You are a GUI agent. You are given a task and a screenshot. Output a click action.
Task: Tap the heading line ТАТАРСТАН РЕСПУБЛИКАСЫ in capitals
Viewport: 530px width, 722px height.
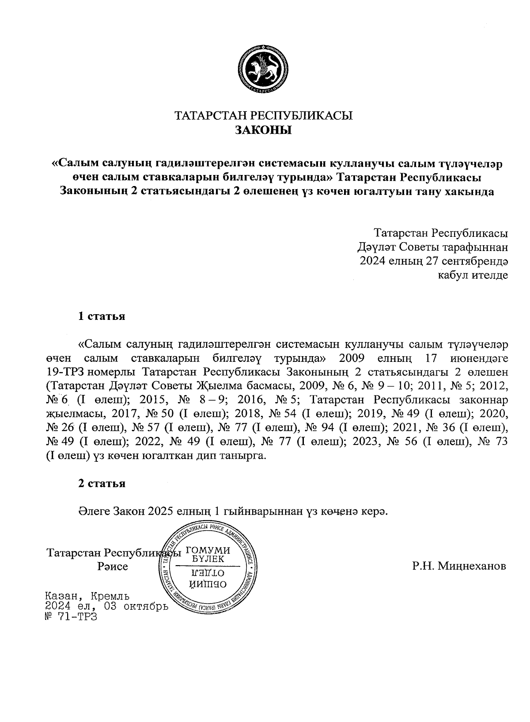pyautogui.click(x=264, y=116)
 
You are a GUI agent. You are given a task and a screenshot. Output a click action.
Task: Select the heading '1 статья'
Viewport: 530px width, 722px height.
pyautogui.click(x=102, y=316)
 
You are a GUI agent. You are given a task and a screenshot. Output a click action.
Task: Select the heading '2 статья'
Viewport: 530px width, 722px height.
pyautogui.click(x=102, y=483)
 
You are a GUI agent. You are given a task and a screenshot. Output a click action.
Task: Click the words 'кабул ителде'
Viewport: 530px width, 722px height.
pyautogui.click(x=472, y=275)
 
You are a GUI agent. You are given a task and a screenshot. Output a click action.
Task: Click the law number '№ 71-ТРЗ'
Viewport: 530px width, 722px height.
pyautogui.click(x=71, y=617)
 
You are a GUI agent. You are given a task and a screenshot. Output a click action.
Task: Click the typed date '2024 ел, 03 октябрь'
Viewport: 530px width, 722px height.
pyautogui.click(x=106, y=606)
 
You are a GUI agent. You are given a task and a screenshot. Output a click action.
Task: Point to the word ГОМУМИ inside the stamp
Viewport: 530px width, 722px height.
pyautogui.click(x=208, y=550)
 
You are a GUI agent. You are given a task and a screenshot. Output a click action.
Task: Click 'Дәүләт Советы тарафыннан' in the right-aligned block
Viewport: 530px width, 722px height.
pyautogui.click(x=432, y=247)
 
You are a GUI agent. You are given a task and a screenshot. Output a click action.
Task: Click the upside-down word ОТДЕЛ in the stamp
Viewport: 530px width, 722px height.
pyautogui.click(x=209, y=574)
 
